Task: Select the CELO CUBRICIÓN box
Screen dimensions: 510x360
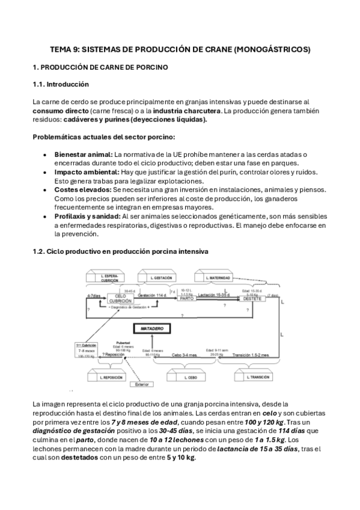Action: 119,298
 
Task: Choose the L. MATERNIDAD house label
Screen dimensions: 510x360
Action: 218,278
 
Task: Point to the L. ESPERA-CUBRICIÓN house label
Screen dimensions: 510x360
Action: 110,277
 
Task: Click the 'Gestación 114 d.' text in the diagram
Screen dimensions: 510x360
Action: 151,295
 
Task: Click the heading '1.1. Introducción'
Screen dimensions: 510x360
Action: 61,84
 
